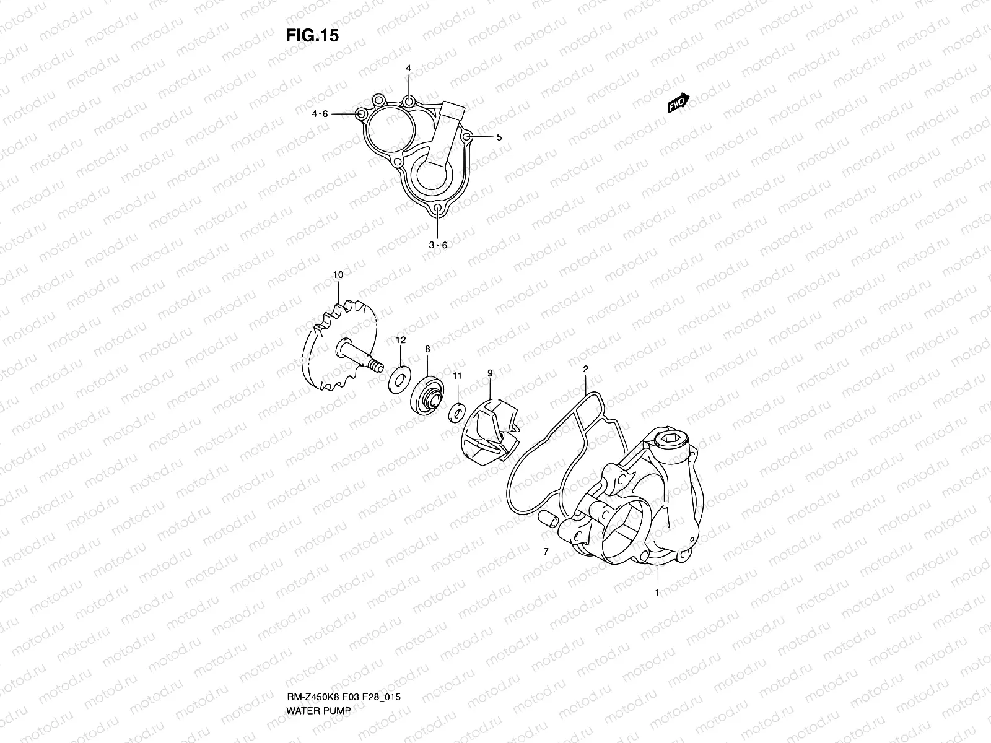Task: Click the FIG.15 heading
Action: [x=312, y=37]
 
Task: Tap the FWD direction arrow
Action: [x=679, y=103]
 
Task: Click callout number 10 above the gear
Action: [x=338, y=274]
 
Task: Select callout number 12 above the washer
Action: [x=401, y=340]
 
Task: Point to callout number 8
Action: [x=427, y=349]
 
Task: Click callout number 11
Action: [x=457, y=375]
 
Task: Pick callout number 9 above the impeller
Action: [x=490, y=373]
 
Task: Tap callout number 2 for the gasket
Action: [x=585, y=369]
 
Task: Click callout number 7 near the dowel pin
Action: [x=546, y=550]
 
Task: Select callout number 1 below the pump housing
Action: [x=657, y=593]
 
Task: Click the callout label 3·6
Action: [x=438, y=245]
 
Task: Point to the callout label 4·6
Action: [x=320, y=114]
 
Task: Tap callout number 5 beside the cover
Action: [x=499, y=137]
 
